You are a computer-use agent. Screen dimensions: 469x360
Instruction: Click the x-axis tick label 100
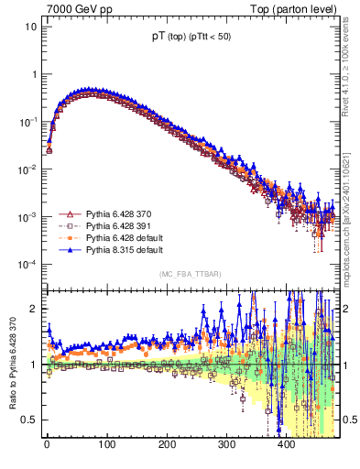(x=106, y=446)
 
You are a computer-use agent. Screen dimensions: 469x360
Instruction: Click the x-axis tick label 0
(x=47, y=446)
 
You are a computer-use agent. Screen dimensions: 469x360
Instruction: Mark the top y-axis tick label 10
(x=29, y=27)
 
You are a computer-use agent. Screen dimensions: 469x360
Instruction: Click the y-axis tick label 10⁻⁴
(x=27, y=265)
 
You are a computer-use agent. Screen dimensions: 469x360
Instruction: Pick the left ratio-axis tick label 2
(x=35, y=309)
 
